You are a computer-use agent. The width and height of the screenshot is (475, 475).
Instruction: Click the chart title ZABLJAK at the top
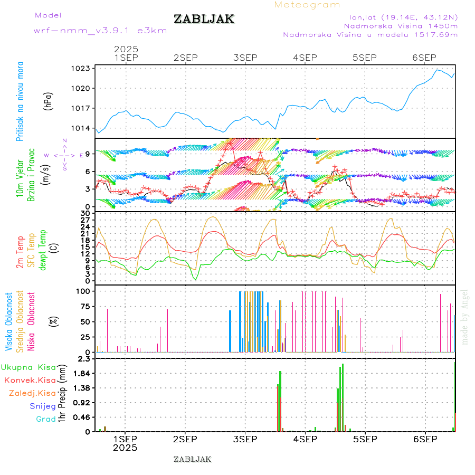204,19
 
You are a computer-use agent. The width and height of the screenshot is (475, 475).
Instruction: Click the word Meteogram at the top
307,5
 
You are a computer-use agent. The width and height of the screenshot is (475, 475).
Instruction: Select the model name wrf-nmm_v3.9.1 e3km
100,31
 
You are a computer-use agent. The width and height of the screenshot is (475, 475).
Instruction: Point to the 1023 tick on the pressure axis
81,68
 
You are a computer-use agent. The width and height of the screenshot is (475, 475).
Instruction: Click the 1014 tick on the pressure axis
81,128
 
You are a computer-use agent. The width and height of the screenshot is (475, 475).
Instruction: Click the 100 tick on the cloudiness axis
83,291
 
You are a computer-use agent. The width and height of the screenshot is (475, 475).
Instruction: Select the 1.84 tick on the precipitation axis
81,373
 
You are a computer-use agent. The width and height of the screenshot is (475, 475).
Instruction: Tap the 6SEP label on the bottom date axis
424,439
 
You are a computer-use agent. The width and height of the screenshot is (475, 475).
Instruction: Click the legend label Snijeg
43,406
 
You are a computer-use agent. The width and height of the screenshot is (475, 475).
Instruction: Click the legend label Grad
46,419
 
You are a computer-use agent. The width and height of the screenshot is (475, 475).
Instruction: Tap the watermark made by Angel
465,317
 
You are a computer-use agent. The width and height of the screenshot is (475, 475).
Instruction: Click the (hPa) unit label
49,101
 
